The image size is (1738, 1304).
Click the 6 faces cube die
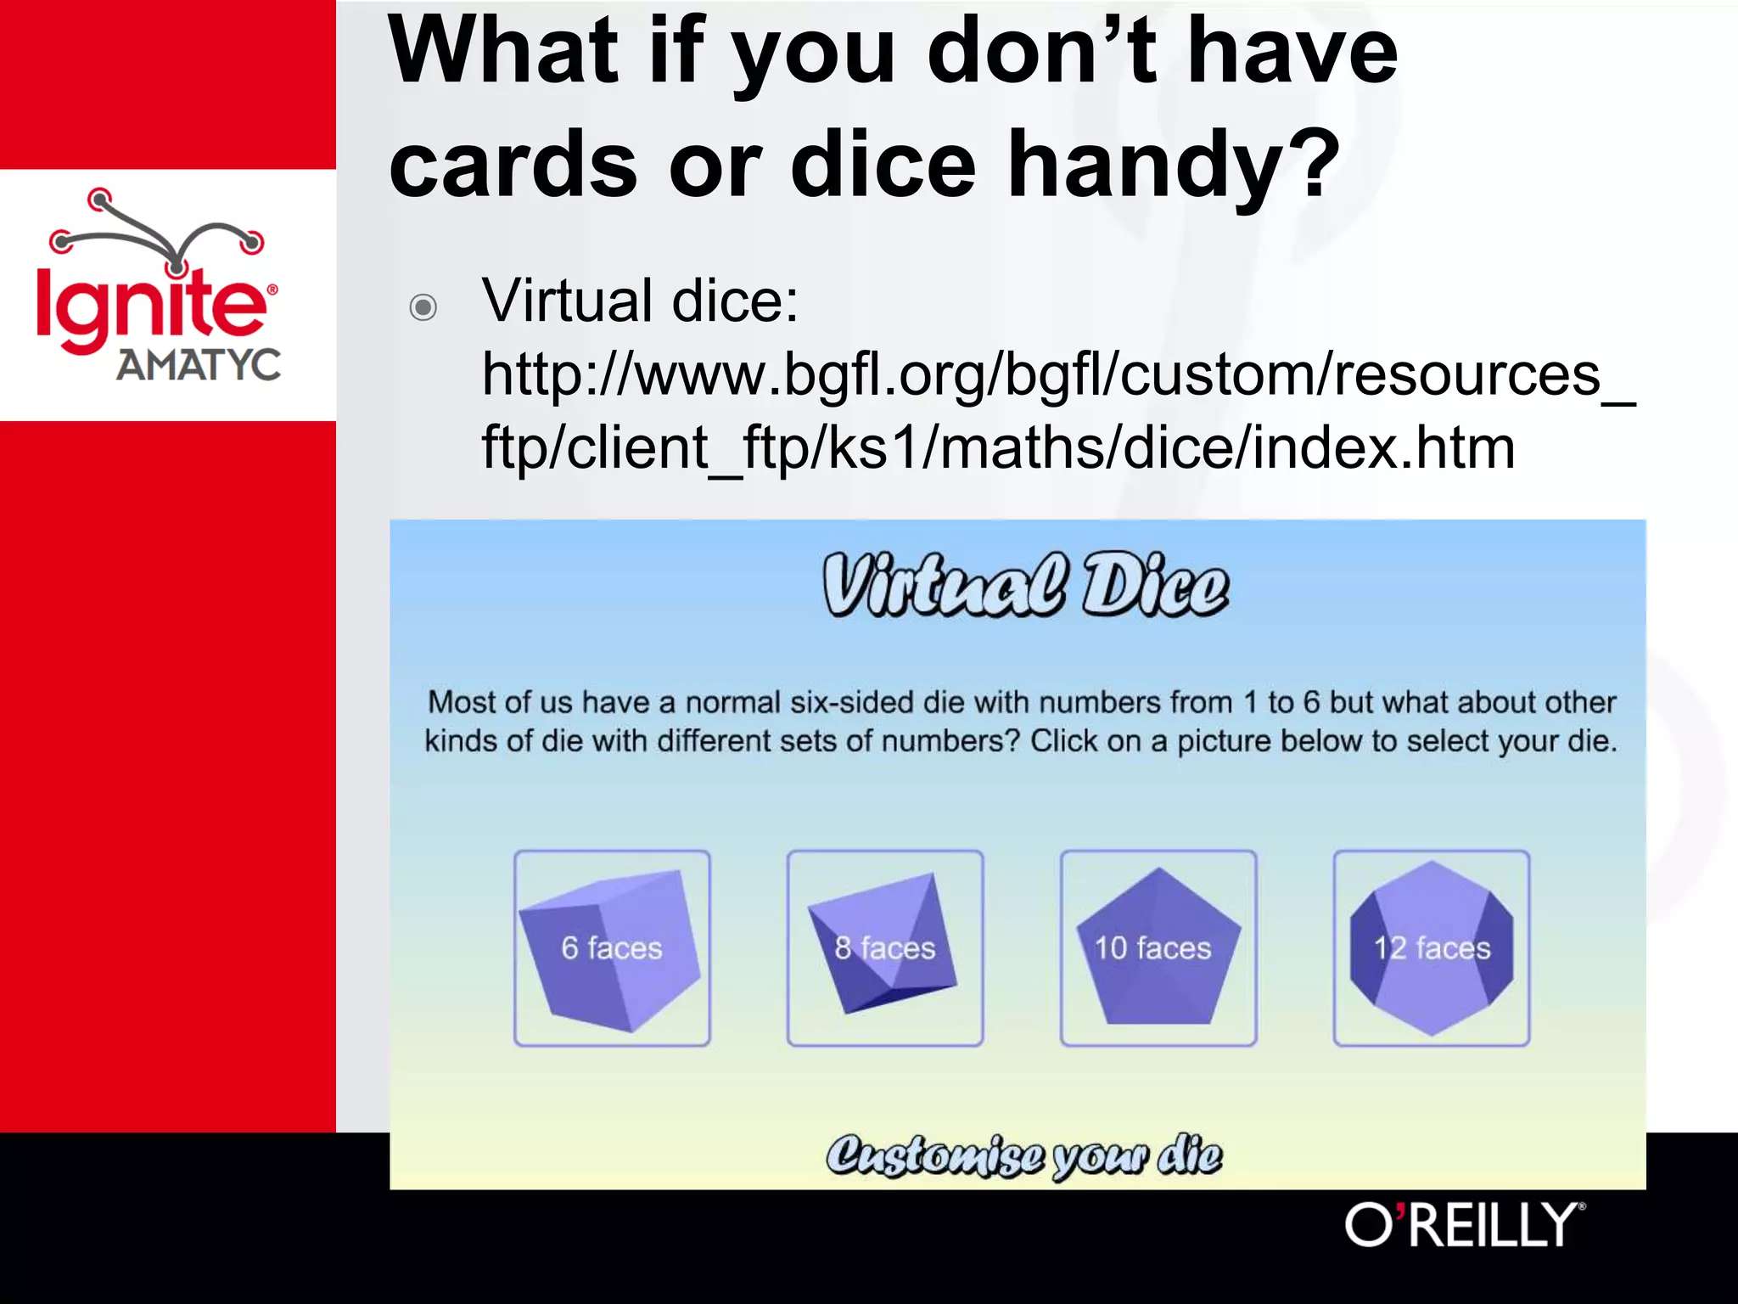tap(612, 948)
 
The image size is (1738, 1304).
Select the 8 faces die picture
tap(884, 948)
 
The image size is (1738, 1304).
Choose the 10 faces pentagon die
tap(1158, 948)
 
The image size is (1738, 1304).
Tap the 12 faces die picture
tap(1431, 948)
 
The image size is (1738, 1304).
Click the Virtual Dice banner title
tap(1025, 586)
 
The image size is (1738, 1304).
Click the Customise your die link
tap(1024, 1156)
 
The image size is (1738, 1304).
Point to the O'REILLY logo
tap(1464, 1225)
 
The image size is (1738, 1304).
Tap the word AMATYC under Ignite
tap(199, 365)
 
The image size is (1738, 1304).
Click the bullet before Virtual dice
tap(423, 306)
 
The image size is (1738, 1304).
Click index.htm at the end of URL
tap(1383, 448)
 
